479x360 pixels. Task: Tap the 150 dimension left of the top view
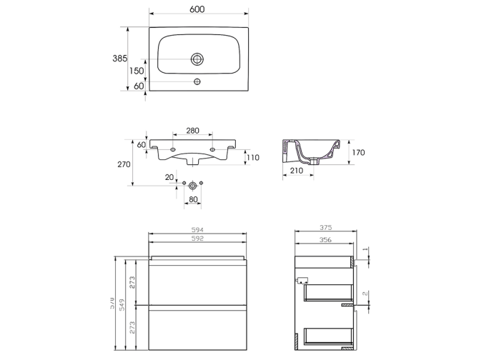tap(137, 71)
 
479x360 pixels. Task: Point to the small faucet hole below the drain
tap(198, 82)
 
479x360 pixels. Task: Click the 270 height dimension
tap(124, 164)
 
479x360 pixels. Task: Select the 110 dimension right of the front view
tap(252, 157)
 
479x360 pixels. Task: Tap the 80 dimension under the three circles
tap(193, 201)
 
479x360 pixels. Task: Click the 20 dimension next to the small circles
tap(169, 177)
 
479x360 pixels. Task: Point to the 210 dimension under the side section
tap(297, 171)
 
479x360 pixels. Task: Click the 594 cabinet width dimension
tap(198, 230)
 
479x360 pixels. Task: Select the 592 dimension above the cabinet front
tap(198, 239)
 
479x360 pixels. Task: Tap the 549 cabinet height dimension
tap(123, 305)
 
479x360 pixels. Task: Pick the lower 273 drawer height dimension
tap(132, 329)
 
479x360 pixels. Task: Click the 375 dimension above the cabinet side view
tap(326, 229)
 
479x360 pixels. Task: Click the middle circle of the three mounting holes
tap(193, 184)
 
